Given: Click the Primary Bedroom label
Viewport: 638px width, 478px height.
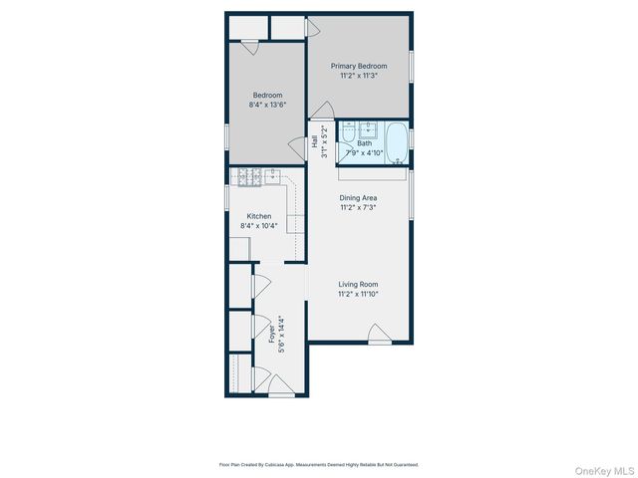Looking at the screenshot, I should pos(358,66).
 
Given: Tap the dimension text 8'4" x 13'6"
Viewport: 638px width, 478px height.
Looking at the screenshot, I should pos(267,105).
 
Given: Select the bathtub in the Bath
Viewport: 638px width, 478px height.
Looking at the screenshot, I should pos(397,142).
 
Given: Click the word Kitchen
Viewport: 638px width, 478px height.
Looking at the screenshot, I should pos(259,216).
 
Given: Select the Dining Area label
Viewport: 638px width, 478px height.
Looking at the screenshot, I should pos(358,198).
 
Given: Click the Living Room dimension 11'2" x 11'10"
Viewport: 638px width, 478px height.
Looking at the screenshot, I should pos(358,294).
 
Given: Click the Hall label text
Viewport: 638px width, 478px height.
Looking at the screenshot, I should pos(314,142).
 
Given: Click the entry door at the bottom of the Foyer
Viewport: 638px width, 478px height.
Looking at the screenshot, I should pos(281,386).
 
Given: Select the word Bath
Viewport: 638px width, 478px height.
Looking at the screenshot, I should pos(365,143).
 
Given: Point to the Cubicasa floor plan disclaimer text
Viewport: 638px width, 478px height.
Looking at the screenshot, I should pos(319,464).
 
